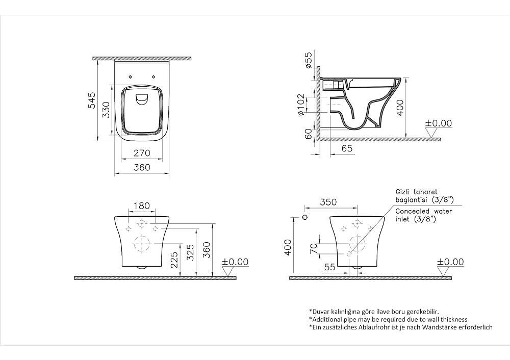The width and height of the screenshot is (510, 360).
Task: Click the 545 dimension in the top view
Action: (91, 100)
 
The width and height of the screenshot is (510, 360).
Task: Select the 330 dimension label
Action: (105, 110)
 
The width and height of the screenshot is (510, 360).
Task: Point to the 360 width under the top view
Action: (141, 167)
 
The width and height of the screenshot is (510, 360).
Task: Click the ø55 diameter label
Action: (308, 60)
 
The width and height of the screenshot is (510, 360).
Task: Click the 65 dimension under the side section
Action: (347, 148)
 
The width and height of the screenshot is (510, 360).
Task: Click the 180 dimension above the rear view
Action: (141, 206)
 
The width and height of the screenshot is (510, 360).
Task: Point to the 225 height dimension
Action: (174, 261)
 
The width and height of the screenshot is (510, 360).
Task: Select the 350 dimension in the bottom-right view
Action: (328, 202)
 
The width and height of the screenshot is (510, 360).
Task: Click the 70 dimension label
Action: (314, 248)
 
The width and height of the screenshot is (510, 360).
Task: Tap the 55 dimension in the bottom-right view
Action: (329, 266)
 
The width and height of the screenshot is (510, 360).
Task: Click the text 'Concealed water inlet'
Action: (423, 215)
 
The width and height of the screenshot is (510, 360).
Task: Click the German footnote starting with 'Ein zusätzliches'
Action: (400, 327)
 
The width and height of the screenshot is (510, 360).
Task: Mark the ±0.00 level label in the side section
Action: (439, 123)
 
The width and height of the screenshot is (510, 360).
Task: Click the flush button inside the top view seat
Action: (141, 99)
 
